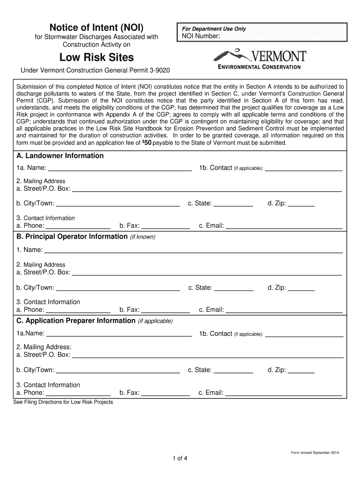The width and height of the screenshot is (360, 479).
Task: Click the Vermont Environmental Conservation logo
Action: tap(260, 59)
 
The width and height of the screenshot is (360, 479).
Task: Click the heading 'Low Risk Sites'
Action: tap(96, 58)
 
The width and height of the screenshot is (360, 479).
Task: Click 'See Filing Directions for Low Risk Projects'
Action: tap(63, 402)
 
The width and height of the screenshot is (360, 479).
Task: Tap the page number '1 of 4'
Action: tap(180, 458)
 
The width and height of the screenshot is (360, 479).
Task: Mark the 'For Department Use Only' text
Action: tap(214, 29)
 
